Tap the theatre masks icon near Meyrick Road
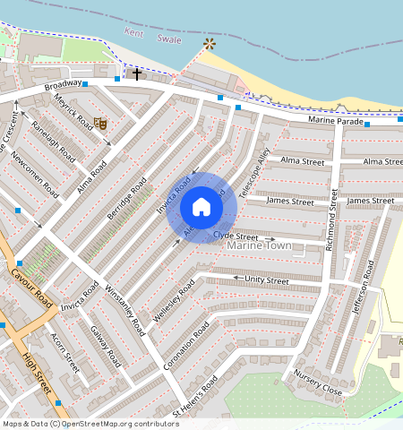click(101, 123)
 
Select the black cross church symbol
click(137, 73)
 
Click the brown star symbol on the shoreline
click(210, 43)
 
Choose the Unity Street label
click(267, 280)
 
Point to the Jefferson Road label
click(367, 284)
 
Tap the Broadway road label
click(62, 87)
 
